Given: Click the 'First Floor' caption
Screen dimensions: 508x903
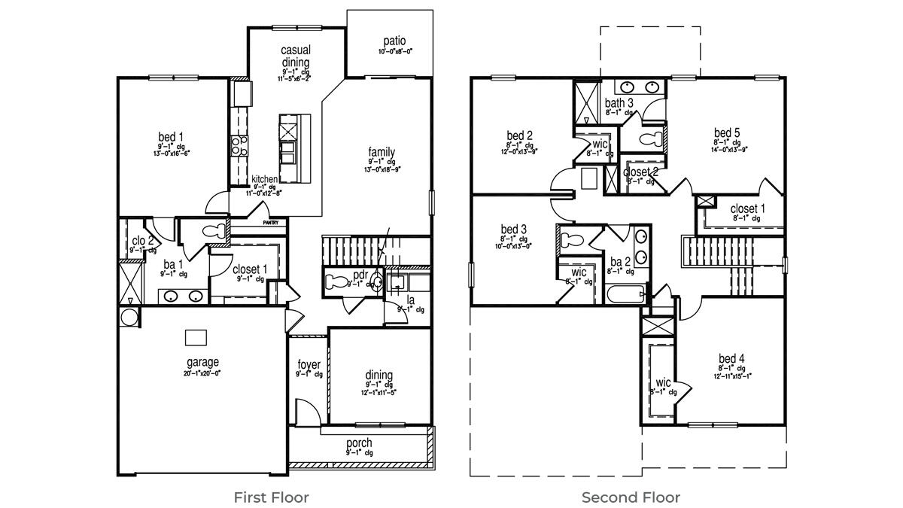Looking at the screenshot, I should point(271,497).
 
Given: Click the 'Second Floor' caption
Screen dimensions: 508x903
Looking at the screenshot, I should point(631,497).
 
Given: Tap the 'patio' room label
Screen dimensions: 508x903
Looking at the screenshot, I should point(394,41).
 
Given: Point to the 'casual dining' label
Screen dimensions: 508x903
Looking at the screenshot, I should point(296,56).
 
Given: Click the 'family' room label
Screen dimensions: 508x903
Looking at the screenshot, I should point(382,152).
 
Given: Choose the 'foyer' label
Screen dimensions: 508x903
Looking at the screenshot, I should point(309,365).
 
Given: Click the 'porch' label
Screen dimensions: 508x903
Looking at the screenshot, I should point(359,443).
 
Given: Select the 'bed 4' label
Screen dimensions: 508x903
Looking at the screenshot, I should point(731,358).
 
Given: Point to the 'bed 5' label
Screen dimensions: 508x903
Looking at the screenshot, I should point(727,133).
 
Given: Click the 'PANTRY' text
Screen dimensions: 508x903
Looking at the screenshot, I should point(271,223).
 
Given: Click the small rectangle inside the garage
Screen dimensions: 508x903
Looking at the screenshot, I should point(196,336).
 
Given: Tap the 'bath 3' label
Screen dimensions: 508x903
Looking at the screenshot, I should point(619,103).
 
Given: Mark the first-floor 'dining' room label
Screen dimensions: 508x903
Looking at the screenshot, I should point(379,376).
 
